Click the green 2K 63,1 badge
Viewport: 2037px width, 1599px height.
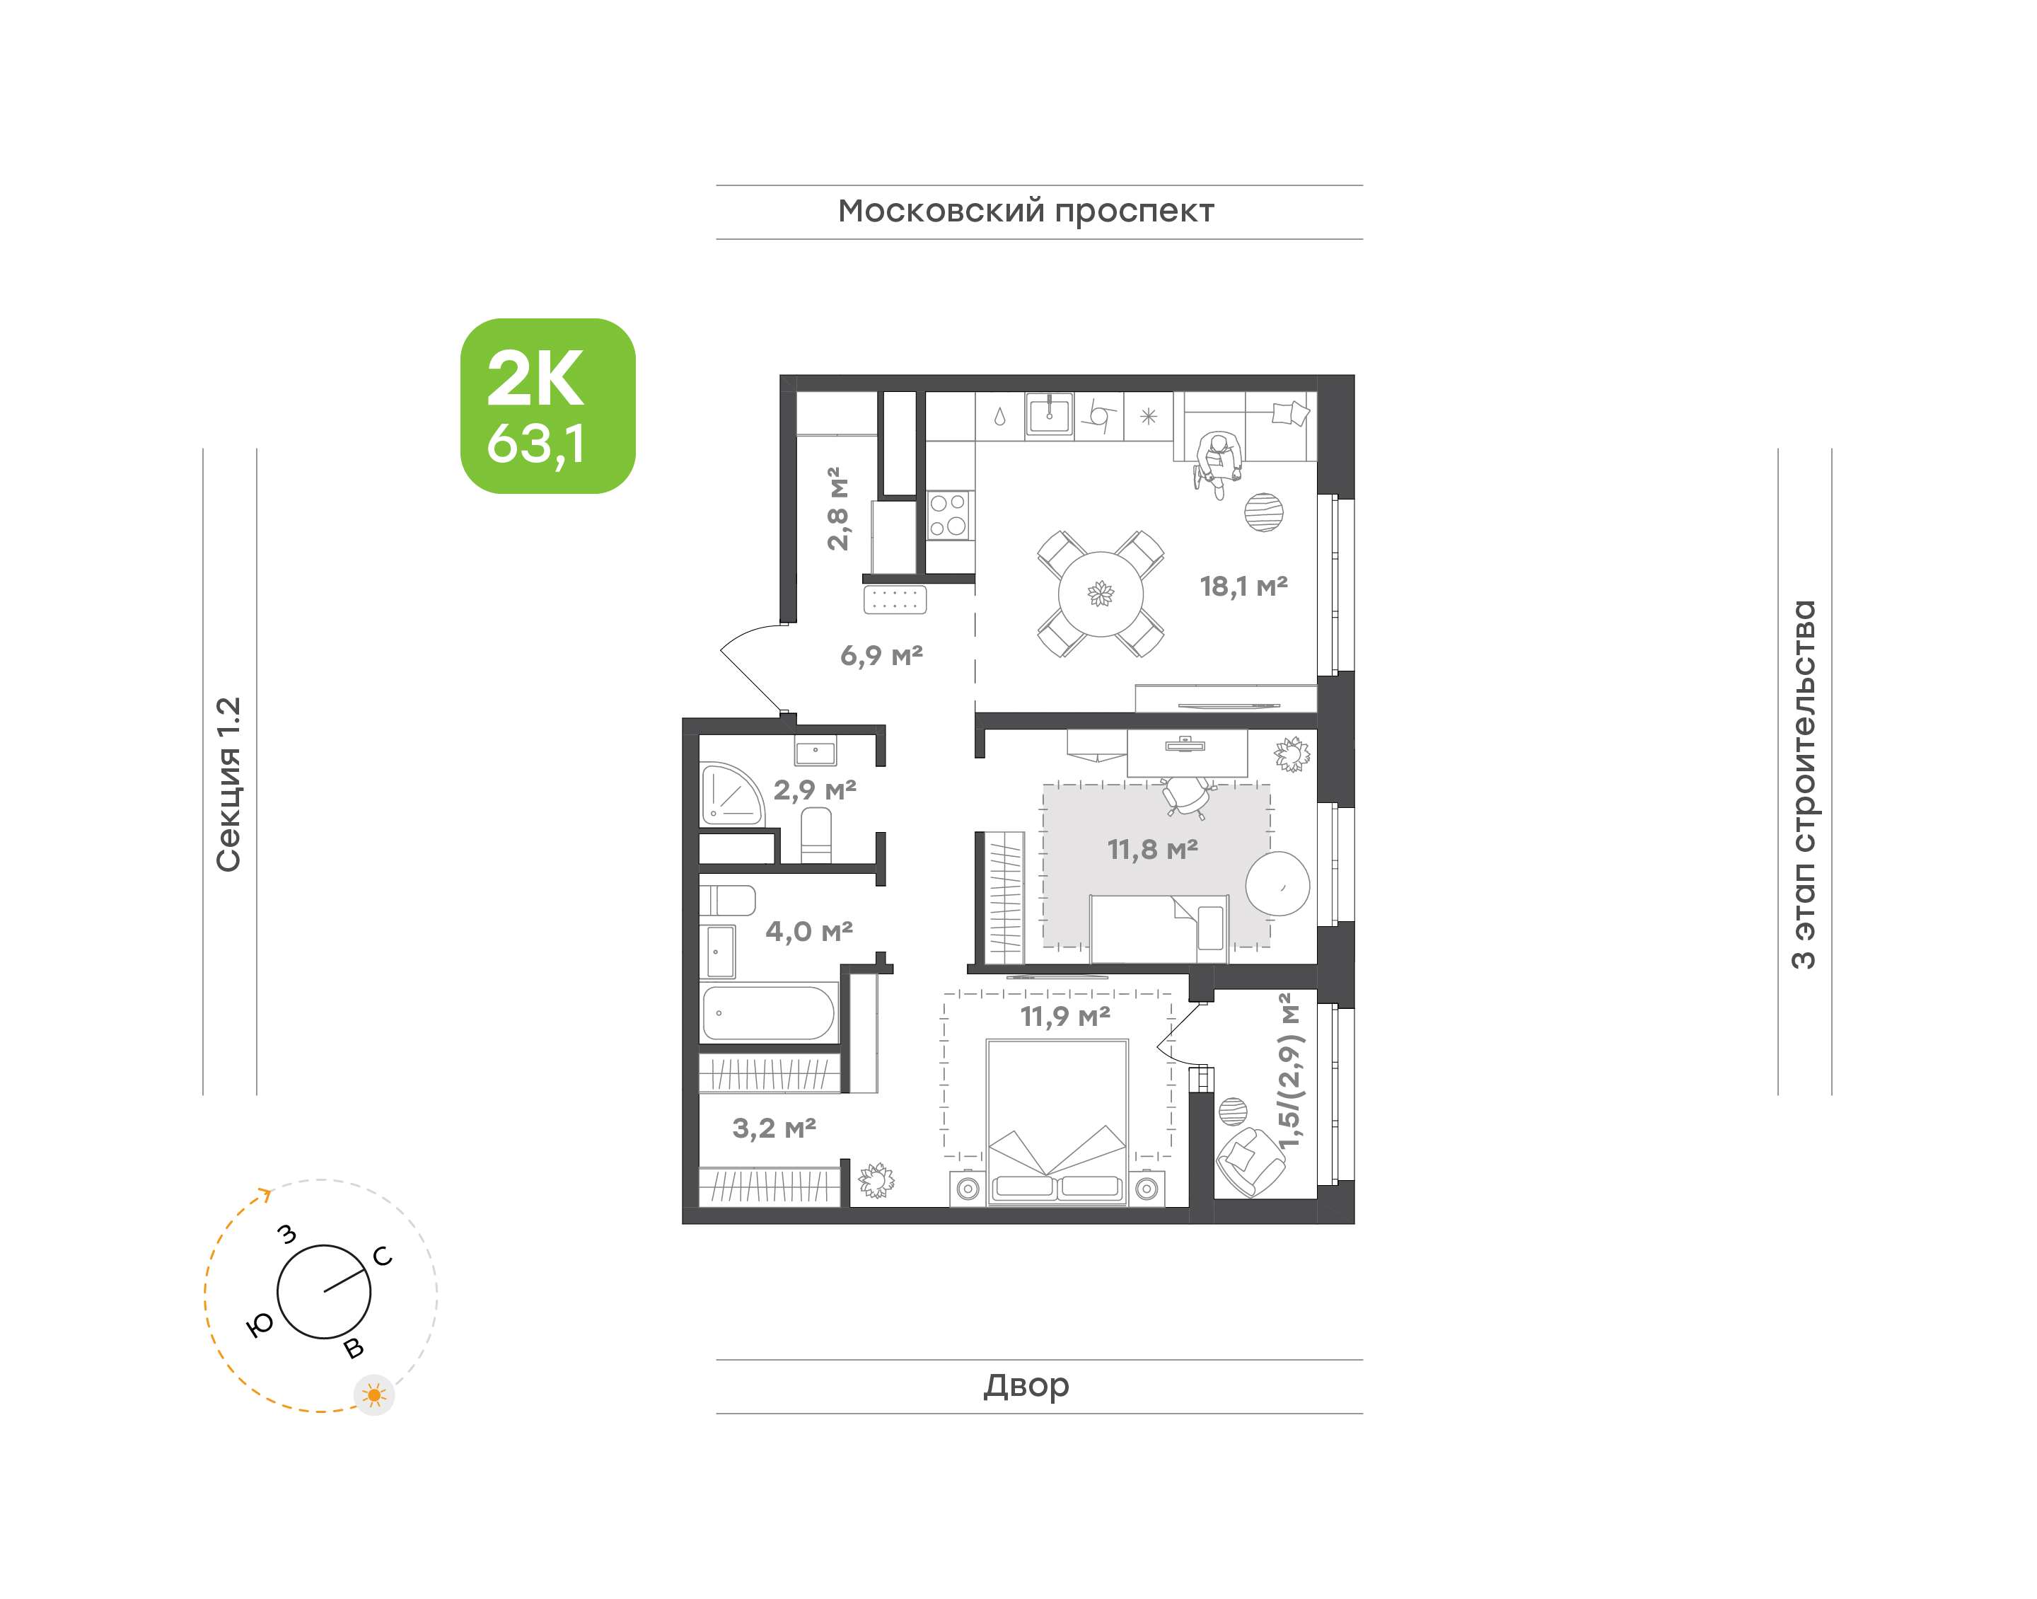click(547, 405)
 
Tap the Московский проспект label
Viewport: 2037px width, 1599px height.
click(1026, 212)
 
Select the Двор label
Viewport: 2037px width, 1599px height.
click(1026, 1385)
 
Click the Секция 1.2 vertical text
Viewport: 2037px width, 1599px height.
click(229, 785)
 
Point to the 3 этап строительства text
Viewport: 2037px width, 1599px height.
click(1803, 785)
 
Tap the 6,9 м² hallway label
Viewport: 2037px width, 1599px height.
click(881, 655)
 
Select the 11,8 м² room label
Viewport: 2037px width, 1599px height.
click(1153, 849)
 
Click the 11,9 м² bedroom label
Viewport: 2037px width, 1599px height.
click(1064, 1016)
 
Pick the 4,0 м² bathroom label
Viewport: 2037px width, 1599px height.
click(809, 932)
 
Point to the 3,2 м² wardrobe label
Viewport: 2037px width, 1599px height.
click(774, 1128)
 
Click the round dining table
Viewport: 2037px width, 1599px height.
click(1101, 594)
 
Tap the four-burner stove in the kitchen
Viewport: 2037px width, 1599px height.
click(948, 515)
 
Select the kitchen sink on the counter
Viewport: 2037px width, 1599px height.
click(1050, 415)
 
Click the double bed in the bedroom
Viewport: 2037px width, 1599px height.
click(1057, 1122)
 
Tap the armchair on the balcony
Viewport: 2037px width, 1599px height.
click(1250, 1162)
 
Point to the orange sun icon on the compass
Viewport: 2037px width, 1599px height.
click(374, 1396)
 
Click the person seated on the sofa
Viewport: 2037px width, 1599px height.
click(1218, 463)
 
